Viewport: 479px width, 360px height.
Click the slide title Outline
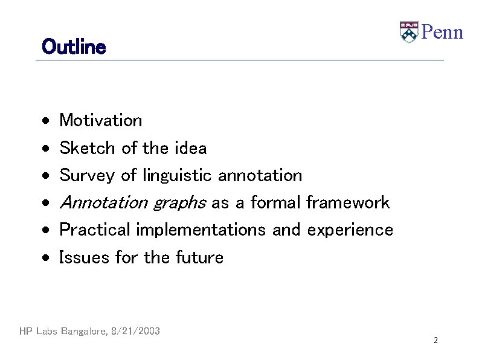point(74,47)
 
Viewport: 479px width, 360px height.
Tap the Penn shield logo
point(408,32)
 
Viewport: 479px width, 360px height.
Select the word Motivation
point(101,120)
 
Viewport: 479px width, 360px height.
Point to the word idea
point(190,148)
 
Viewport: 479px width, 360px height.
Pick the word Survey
point(88,176)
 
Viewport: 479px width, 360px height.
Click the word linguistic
point(177,176)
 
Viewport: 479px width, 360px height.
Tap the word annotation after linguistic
point(260,176)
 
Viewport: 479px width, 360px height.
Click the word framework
point(348,202)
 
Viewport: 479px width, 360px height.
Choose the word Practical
point(95,230)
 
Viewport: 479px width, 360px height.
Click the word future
point(199,258)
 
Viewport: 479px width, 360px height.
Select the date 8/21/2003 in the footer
point(136,331)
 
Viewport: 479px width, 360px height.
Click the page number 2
point(435,341)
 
